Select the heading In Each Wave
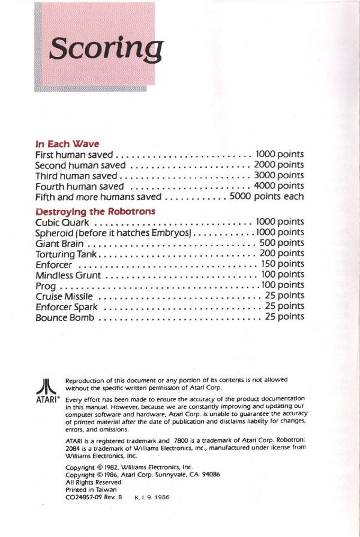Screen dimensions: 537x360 pyautogui.click(x=67, y=144)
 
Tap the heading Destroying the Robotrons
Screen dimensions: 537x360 pyautogui.click(x=95, y=211)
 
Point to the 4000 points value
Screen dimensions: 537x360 pyautogui.click(x=279, y=186)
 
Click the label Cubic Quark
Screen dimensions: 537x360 pyautogui.click(x=62, y=222)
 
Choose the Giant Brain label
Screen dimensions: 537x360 pyautogui.click(x=59, y=244)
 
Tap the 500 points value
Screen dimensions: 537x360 pyautogui.click(x=281, y=243)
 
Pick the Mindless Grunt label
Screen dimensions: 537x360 pyautogui.click(x=68, y=275)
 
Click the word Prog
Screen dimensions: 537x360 pyautogui.click(x=46, y=286)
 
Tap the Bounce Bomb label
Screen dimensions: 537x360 pyautogui.click(x=64, y=317)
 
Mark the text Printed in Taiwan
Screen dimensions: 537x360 pyautogui.click(x=91, y=490)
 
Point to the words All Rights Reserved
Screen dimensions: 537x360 pyautogui.click(x=94, y=482)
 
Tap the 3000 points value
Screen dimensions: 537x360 pyautogui.click(x=279, y=175)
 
